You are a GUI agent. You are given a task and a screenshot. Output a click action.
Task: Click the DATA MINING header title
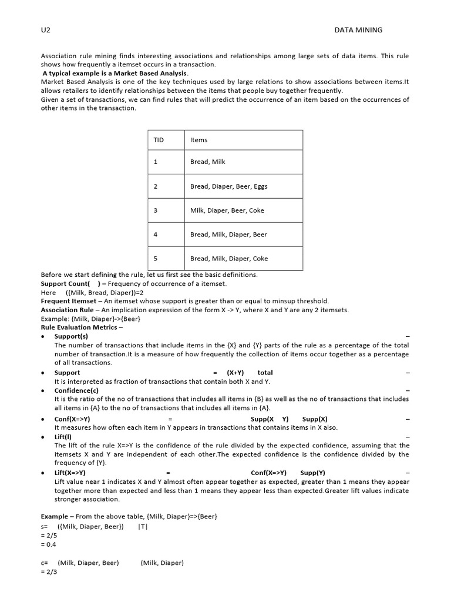click(x=358, y=30)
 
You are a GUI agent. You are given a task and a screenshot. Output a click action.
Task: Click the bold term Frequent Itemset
click(x=68, y=301)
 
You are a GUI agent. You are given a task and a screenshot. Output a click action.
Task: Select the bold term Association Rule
click(x=67, y=310)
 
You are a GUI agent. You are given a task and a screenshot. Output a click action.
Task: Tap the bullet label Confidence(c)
click(x=76, y=390)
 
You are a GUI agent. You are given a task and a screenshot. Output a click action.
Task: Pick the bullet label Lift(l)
click(x=63, y=437)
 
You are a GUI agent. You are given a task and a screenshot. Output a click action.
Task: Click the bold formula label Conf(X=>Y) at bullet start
click(x=72, y=419)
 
